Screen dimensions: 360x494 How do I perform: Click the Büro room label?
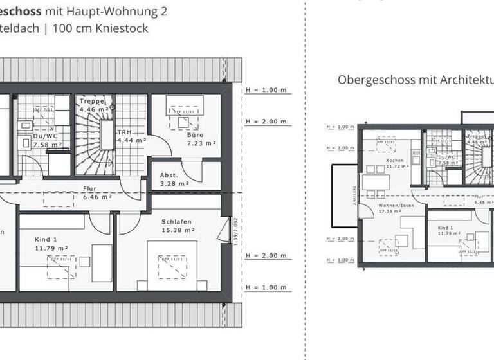pyautogui.click(x=196, y=135)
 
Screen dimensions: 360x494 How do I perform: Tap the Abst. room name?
pyautogui.click(x=169, y=175)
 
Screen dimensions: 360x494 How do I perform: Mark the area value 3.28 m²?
pyautogui.click(x=175, y=183)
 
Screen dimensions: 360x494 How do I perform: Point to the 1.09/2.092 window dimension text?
pyautogui.click(x=236, y=230)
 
